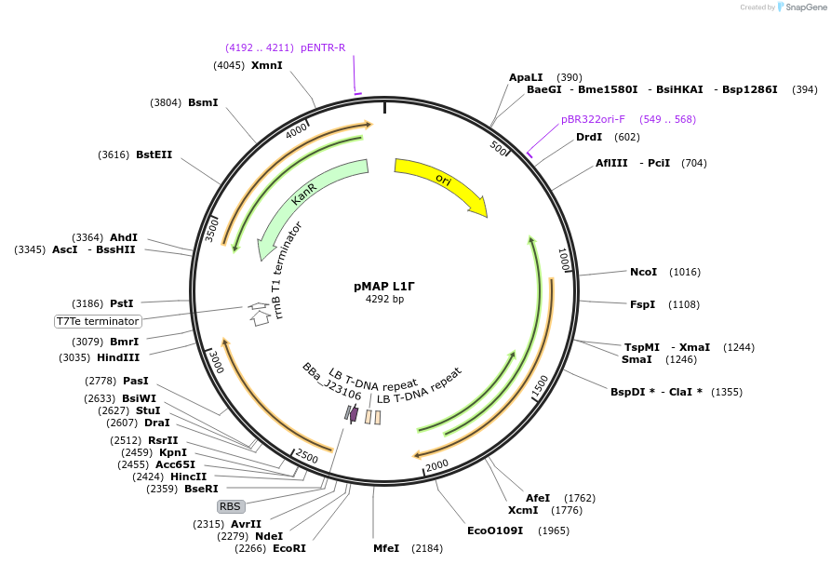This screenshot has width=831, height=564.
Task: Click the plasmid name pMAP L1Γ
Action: [384, 286]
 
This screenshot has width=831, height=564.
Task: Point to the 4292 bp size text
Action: [384, 300]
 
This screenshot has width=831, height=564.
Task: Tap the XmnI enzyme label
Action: [267, 65]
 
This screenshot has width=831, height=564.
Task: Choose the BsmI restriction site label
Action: [203, 102]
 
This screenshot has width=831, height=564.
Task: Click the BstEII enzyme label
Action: [154, 154]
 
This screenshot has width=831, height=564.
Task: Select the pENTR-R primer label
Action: [323, 47]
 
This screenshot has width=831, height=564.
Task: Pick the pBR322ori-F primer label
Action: [593, 119]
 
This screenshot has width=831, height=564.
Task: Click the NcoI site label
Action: [643, 272]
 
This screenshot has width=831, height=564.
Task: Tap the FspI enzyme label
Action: [642, 304]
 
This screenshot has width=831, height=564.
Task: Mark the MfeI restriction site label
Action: [386, 548]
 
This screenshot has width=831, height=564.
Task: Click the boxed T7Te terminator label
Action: [98, 321]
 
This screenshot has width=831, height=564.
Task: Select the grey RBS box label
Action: [230, 506]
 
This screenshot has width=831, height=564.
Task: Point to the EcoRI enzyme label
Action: [289, 548]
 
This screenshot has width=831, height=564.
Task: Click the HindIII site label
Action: [118, 357]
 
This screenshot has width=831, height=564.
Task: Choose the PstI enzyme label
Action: [122, 303]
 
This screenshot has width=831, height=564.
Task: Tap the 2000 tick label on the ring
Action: [436, 464]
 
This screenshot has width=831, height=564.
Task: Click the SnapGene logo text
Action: [806, 7]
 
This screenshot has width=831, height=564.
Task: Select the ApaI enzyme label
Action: [526, 77]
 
